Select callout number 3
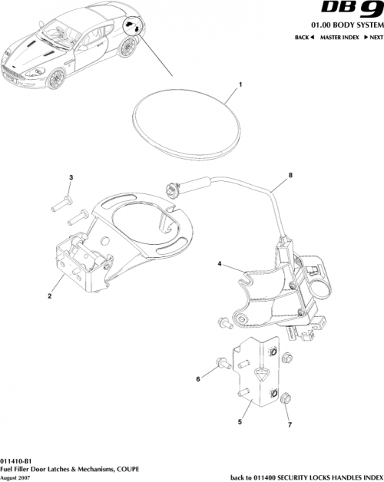coord(71,177)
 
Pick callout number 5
coord(240,420)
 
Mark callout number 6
coord(197,378)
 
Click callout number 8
coord(290,175)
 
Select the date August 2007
coord(18,476)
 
